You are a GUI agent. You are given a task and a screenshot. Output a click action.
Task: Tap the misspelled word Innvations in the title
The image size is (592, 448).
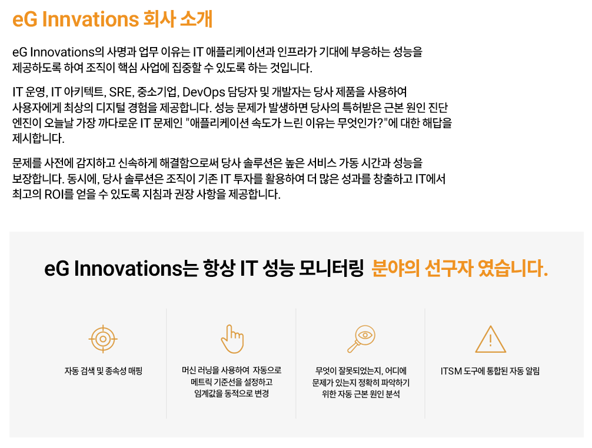pos(91,19)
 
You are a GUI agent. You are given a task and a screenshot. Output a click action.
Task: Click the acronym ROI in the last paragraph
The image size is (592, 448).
pos(54,194)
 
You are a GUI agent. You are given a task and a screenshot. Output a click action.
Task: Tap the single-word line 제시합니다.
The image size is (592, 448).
pos(38,138)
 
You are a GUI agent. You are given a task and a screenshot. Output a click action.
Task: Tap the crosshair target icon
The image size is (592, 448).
pos(103,339)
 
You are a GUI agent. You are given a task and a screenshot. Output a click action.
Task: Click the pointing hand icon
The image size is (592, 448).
pos(232,339)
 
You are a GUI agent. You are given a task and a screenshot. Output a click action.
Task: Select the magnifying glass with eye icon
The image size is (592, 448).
pos(361,339)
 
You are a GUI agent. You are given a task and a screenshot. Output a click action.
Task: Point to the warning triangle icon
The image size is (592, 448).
pos(490,339)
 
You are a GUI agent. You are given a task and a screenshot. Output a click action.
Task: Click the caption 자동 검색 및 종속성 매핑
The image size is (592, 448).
pos(104,371)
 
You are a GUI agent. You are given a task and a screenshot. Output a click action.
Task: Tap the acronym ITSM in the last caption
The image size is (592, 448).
pos(451,371)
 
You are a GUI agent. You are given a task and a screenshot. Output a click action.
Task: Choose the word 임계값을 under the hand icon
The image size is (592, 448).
pos(207,394)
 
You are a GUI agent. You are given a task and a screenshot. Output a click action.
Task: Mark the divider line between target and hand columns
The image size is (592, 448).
pos(167,363)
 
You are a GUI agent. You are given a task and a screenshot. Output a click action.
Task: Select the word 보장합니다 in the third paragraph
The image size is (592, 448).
pos(38,178)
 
